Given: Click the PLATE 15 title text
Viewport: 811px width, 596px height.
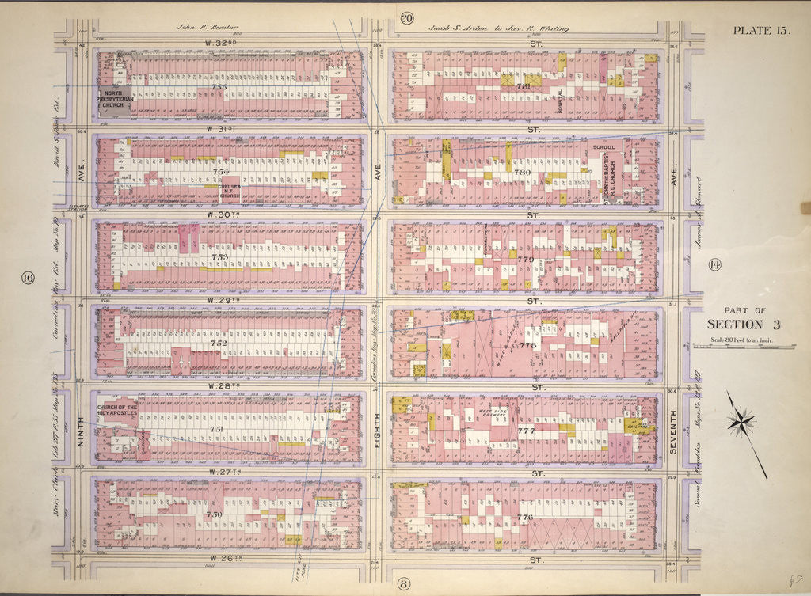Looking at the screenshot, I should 760,31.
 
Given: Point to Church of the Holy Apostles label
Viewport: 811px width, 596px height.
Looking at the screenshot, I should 117,410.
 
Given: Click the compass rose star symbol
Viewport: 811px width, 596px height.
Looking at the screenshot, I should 741,422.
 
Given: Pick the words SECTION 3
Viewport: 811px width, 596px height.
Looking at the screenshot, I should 737,325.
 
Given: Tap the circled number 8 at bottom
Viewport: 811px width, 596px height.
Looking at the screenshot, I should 403,585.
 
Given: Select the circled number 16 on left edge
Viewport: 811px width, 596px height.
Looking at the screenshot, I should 29,277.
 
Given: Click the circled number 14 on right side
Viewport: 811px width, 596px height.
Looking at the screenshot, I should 712,264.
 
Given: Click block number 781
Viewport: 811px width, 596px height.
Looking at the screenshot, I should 523,85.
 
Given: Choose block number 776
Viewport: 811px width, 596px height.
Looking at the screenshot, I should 524,517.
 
